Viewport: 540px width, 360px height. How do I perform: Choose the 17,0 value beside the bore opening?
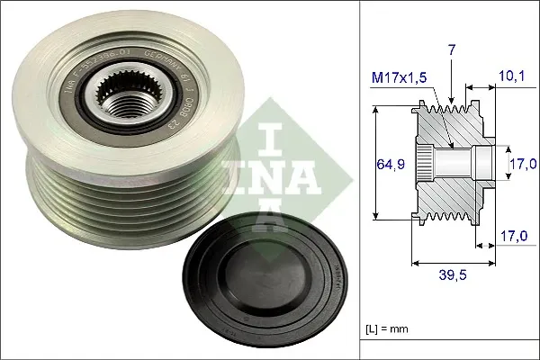click(x=524, y=164)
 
